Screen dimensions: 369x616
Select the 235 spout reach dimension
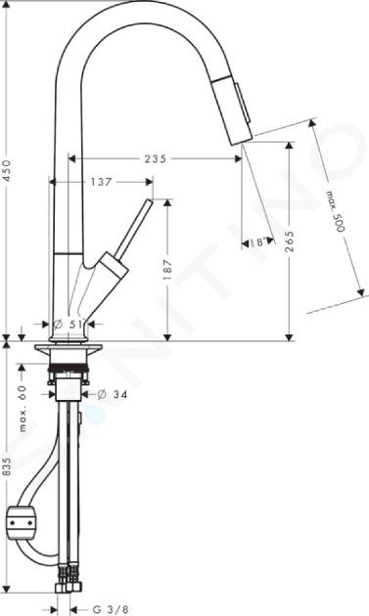pyautogui.click(x=156, y=158)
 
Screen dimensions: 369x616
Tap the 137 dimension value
pyautogui.click(x=101, y=182)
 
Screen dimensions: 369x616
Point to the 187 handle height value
pyautogui.click(x=168, y=269)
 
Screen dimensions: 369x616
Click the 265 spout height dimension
pyautogui.click(x=289, y=242)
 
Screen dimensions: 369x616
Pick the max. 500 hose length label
pyautogui.click(x=335, y=211)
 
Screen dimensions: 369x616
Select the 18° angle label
pyautogui.click(x=258, y=242)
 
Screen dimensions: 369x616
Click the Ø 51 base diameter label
pyautogui.click(x=69, y=324)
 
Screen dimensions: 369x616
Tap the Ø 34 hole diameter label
pyautogui.click(x=113, y=394)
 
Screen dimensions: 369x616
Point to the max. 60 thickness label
pyautogui.click(x=23, y=408)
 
